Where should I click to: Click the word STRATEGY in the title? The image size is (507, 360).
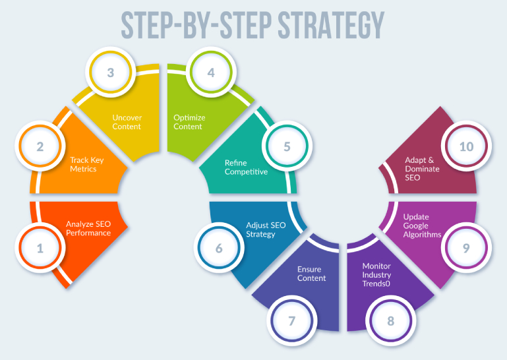(331, 25)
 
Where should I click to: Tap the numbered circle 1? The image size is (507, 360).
(40, 248)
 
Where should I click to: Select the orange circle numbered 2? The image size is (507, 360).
(40, 146)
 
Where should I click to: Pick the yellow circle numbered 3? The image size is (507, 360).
(111, 72)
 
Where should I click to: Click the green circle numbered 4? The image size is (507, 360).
(211, 72)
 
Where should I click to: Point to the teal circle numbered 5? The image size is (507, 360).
(287, 146)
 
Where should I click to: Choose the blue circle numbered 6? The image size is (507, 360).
(219, 248)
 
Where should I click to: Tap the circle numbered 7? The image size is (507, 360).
(292, 320)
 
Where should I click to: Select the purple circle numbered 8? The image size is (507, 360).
(390, 320)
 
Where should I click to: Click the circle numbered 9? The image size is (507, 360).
(466, 248)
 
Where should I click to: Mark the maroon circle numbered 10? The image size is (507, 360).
(466, 146)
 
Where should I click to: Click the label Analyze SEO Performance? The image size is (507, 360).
(88, 228)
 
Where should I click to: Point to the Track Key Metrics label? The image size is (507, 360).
(86, 164)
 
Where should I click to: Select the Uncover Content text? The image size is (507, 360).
(127, 122)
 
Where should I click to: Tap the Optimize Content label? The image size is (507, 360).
(189, 122)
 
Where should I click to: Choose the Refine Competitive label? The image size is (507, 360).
(246, 167)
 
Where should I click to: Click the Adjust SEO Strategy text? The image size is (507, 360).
(266, 229)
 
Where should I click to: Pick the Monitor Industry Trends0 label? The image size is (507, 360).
(376, 274)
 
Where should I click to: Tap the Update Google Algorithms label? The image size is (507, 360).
(422, 225)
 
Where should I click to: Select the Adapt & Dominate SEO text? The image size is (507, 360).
(422, 169)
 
